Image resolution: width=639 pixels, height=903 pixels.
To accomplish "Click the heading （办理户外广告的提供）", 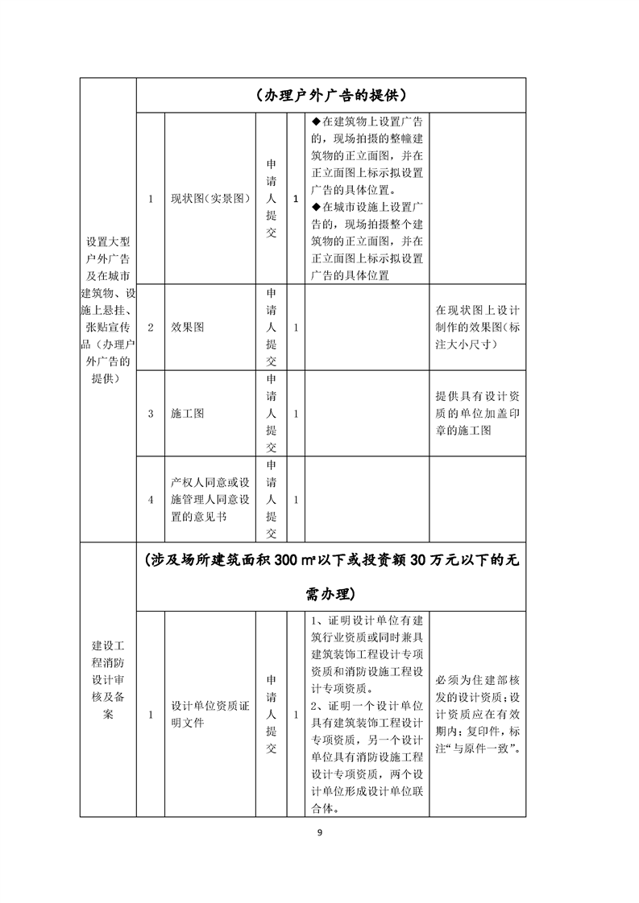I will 330,95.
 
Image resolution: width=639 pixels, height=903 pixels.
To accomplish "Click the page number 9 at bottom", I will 320,832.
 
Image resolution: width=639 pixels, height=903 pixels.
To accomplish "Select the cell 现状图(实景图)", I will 210,199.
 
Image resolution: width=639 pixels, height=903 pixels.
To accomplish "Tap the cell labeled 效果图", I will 187,328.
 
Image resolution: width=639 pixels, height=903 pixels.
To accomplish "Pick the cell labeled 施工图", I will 187,414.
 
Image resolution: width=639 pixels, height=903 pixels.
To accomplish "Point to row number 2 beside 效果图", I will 151,328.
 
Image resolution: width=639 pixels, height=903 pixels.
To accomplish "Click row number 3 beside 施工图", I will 151,414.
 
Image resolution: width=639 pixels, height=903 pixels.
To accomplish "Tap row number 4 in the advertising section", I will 151,500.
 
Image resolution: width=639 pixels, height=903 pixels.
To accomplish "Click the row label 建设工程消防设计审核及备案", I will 108,680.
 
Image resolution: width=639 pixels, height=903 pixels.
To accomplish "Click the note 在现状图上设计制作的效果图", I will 477,327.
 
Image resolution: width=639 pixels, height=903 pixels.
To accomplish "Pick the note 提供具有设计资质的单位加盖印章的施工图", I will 477,414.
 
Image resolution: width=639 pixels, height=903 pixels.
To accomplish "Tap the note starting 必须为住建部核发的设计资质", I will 477,714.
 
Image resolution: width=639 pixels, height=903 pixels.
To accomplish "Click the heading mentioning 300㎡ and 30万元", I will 330,577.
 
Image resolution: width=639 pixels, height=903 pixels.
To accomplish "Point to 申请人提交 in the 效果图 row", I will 272,328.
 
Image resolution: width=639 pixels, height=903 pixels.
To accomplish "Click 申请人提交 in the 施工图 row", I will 272,414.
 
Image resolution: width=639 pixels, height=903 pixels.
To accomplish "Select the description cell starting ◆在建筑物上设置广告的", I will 367,199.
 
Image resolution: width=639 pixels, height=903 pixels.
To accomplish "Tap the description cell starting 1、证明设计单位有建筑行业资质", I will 367,714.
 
